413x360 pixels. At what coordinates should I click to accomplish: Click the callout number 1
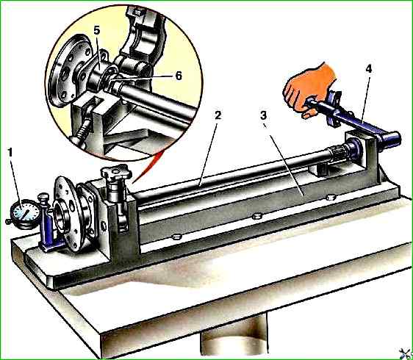(10, 153)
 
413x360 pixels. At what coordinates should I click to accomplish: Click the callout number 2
(218, 115)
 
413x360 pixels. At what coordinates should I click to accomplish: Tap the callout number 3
(263, 115)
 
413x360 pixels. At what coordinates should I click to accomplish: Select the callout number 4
(368, 69)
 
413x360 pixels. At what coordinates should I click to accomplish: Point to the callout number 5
(97, 31)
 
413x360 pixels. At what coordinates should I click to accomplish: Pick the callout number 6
(179, 76)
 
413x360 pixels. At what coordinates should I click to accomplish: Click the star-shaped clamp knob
(116, 173)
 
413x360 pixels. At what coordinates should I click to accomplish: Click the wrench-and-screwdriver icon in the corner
(406, 353)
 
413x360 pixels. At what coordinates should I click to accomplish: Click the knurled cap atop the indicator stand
(43, 197)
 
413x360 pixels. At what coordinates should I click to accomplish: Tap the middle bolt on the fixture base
(256, 217)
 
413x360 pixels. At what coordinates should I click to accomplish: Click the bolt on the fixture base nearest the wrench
(331, 197)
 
